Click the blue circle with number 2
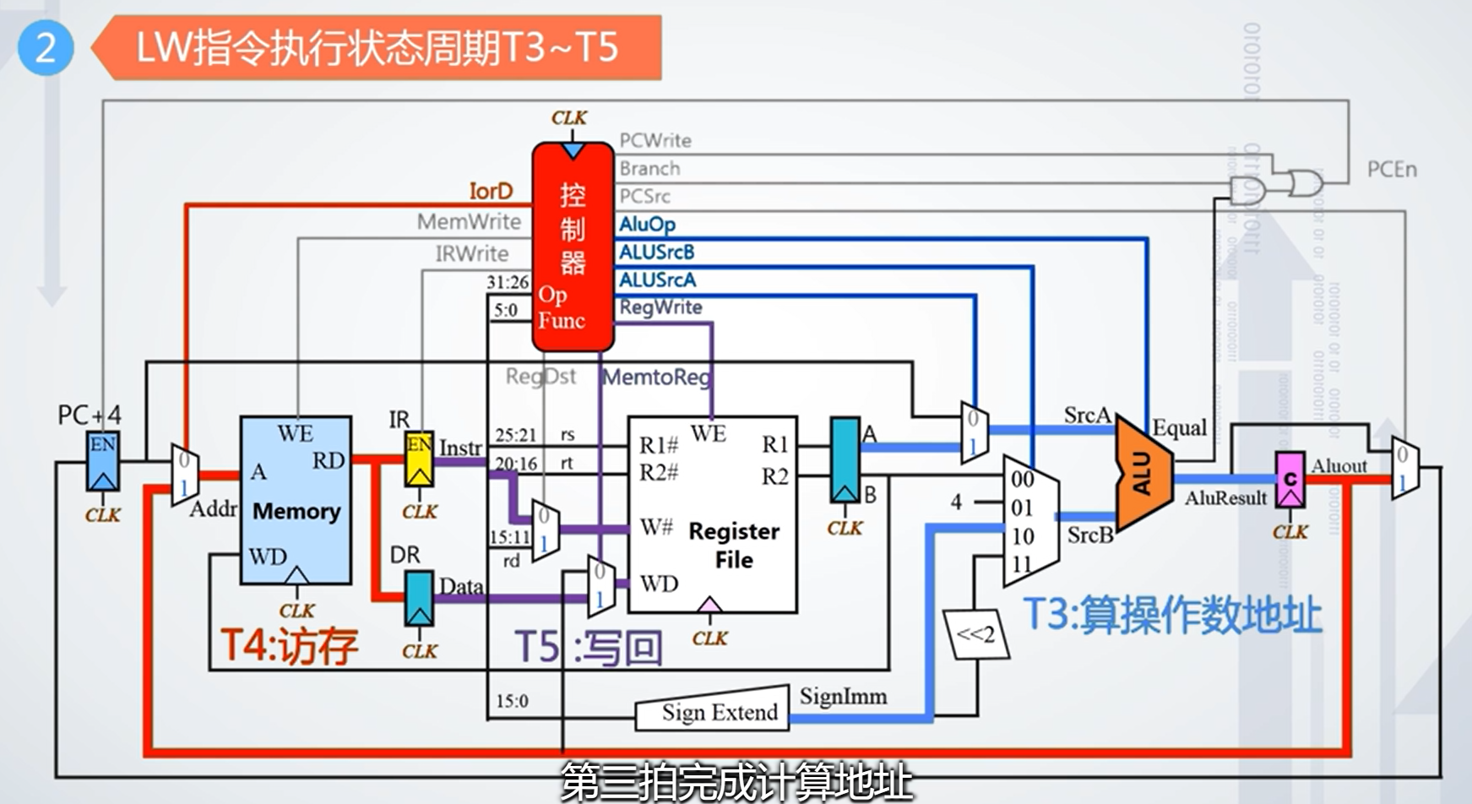pyautogui.click(x=45, y=47)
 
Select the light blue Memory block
pyautogui.click(x=296, y=500)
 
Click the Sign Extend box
pyautogui.click(x=714, y=711)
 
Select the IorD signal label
pyautogui.click(x=491, y=192)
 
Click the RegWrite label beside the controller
pyautogui.click(x=660, y=307)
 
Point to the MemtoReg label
pyautogui.click(x=656, y=377)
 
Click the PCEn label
pyautogui.click(x=1391, y=170)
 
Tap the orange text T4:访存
pyautogui.click(x=290, y=646)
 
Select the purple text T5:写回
pyautogui.click(x=589, y=648)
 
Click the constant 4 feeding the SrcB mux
pyautogui.click(x=956, y=502)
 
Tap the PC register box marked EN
pyautogui.click(x=103, y=461)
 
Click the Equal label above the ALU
pyautogui.click(x=1179, y=428)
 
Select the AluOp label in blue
pyautogui.click(x=647, y=225)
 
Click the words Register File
pyautogui.click(x=734, y=546)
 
